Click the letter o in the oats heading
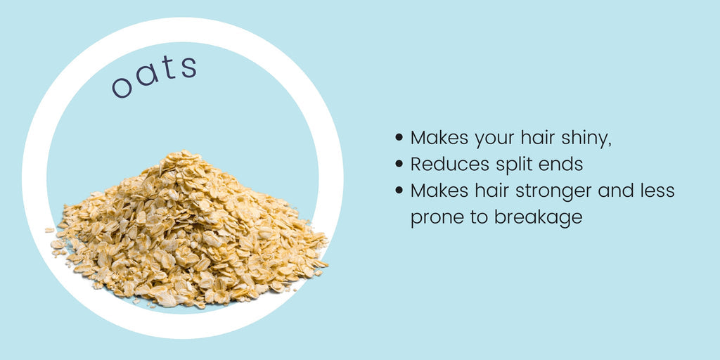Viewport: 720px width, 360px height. [x=122, y=86]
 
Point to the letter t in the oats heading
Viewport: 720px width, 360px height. [x=168, y=68]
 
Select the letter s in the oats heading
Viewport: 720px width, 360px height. [x=188, y=67]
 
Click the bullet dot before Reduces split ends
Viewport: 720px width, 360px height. [x=399, y=163]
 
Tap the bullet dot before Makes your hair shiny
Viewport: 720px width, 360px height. [x=399, y=137]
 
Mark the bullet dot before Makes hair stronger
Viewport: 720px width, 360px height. [x=399, y=190]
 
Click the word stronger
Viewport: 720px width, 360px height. [x=553, y=192]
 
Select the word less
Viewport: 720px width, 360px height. [x=657, y=191]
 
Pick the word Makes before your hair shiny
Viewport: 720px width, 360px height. [x=439, y=137]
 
